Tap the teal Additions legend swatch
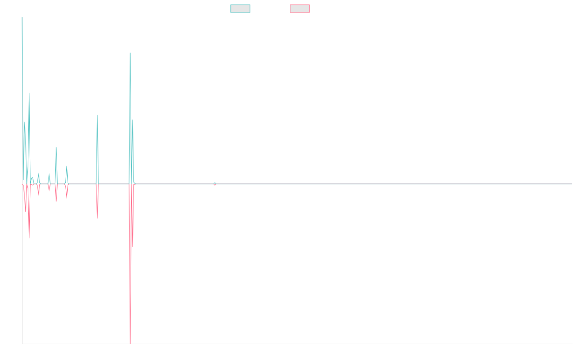[240, 9]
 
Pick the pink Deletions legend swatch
[300, 9]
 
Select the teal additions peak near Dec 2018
[130, 52]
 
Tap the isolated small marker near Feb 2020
[215, 184]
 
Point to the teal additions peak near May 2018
[97, 115]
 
